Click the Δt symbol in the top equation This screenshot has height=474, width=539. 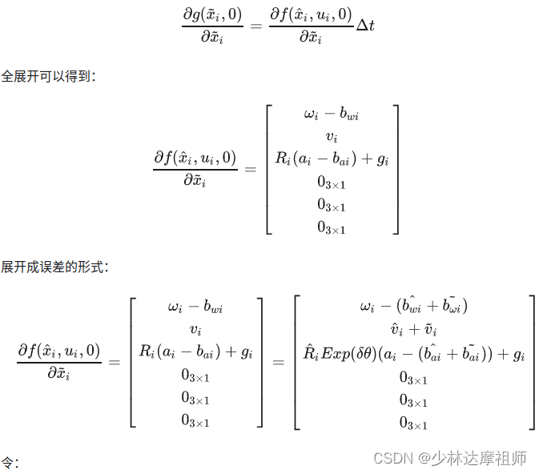click(x=364, y=26)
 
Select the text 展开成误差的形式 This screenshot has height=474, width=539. click(x=53, y=267)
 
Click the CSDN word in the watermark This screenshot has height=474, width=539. click(x=392, y=459)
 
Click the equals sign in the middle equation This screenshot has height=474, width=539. click(x=251, y=169)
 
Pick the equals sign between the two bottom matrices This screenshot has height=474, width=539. click(x=278, y=362)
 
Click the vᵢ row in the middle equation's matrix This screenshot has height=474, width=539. click(x=332, y=136)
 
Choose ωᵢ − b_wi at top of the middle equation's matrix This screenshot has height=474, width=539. click(x=332, y=114)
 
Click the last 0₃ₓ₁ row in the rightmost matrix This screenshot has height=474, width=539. click(x=413, y=423)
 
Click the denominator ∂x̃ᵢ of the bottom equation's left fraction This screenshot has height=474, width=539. click(x=59, y=372)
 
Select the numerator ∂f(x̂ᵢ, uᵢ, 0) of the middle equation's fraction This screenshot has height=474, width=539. click(x=195, y=158)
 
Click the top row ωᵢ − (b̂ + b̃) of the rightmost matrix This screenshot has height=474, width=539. click(x=413, y=307)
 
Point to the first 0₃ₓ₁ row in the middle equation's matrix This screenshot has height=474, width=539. click(x=332, y=183)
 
